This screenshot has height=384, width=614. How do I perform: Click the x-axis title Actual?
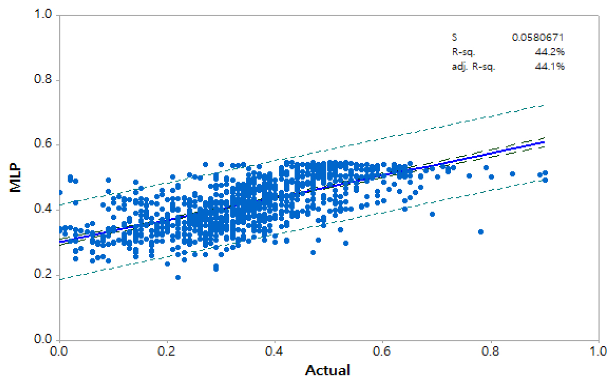(x=328, y=370)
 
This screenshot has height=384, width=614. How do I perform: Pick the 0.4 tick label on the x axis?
(x=275, y=351)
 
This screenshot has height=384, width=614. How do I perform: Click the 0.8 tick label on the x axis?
(x=491, y=351)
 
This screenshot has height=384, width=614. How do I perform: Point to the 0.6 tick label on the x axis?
(x=383, y=351)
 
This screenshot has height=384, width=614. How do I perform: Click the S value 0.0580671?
(x=539, y=37)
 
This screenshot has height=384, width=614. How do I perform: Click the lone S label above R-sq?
(x=454, y=37)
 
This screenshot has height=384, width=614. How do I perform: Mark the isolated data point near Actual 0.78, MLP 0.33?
(x=481, y=232)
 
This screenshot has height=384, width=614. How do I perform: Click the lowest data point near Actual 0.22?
(x=178, y=277)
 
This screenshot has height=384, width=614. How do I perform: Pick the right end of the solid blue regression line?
(x=544, y=142)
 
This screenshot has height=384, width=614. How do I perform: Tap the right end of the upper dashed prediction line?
(x=544, y=105)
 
